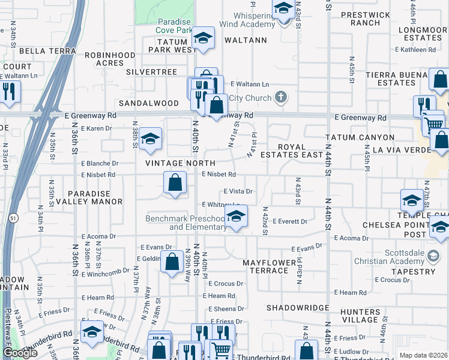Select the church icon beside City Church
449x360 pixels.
280,97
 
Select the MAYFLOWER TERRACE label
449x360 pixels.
270,266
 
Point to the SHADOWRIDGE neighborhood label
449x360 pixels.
298,308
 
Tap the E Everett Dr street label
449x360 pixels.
290,221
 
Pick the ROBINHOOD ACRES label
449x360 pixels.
110,59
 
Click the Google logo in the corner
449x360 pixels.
20,353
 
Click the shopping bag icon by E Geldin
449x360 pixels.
172,262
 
